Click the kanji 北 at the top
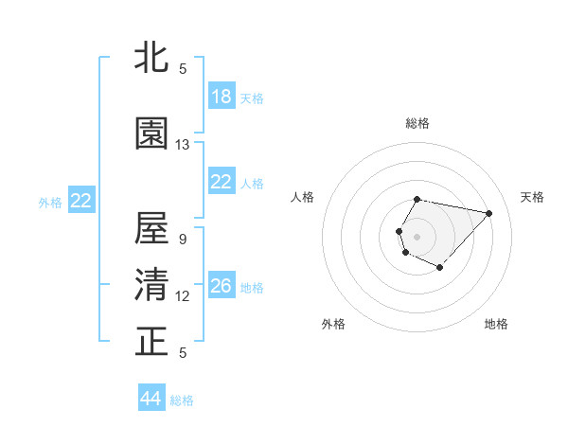pyautogui.click(x=152, y=58)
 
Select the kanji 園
pyautogui.click(x=152, y=133)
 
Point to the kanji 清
pyautogui.click(x=152, y=285)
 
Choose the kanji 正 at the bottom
pyautogui.click(x=152, y=342)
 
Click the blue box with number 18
pyautogui.click(x=222, y=97)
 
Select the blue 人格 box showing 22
pyautogui.click(x=222, y=183)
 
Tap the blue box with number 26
pyautogui.click(x=222, y=286)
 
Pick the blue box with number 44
pyautogui.click(x=151, y=399)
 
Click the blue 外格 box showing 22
pyautogui.click(x=81, y=201)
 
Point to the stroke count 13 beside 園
pyautogui.click(x=183, y=145)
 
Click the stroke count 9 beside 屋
pyautogui.click(x=183, y=240)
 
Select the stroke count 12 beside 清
pyautogui.click(x=183, y=296)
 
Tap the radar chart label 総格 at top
pyautogui.click(x=417, y=123)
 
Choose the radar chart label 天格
pyautogui.click(x=532, y=197)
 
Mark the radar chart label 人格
pyautogui.click(x=302, y=197)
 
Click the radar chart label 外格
pyautogui.click(x=333, y=324)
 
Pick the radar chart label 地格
pyautogui.click(x=496, y=324)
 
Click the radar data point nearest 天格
pyautogui.click(x=488, y=213)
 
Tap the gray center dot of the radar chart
pyautogui.click(x=417, y=236)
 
